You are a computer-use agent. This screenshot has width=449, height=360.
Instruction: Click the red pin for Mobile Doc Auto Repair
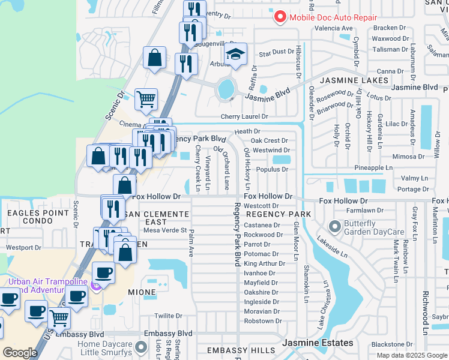coord(280,16)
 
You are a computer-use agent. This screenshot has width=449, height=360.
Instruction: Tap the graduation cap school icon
coord(236,54)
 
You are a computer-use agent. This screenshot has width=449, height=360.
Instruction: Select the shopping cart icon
coord(146,99)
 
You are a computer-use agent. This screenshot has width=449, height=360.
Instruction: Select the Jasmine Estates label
coord(318,343)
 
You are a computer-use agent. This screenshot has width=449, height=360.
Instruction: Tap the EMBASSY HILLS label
coord(236,350)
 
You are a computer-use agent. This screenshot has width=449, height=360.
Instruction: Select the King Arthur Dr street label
coord(265,263)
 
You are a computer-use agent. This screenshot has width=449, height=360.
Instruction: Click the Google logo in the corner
coord(20,353)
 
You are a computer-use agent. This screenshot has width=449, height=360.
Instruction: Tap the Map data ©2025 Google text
coord(411,355)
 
